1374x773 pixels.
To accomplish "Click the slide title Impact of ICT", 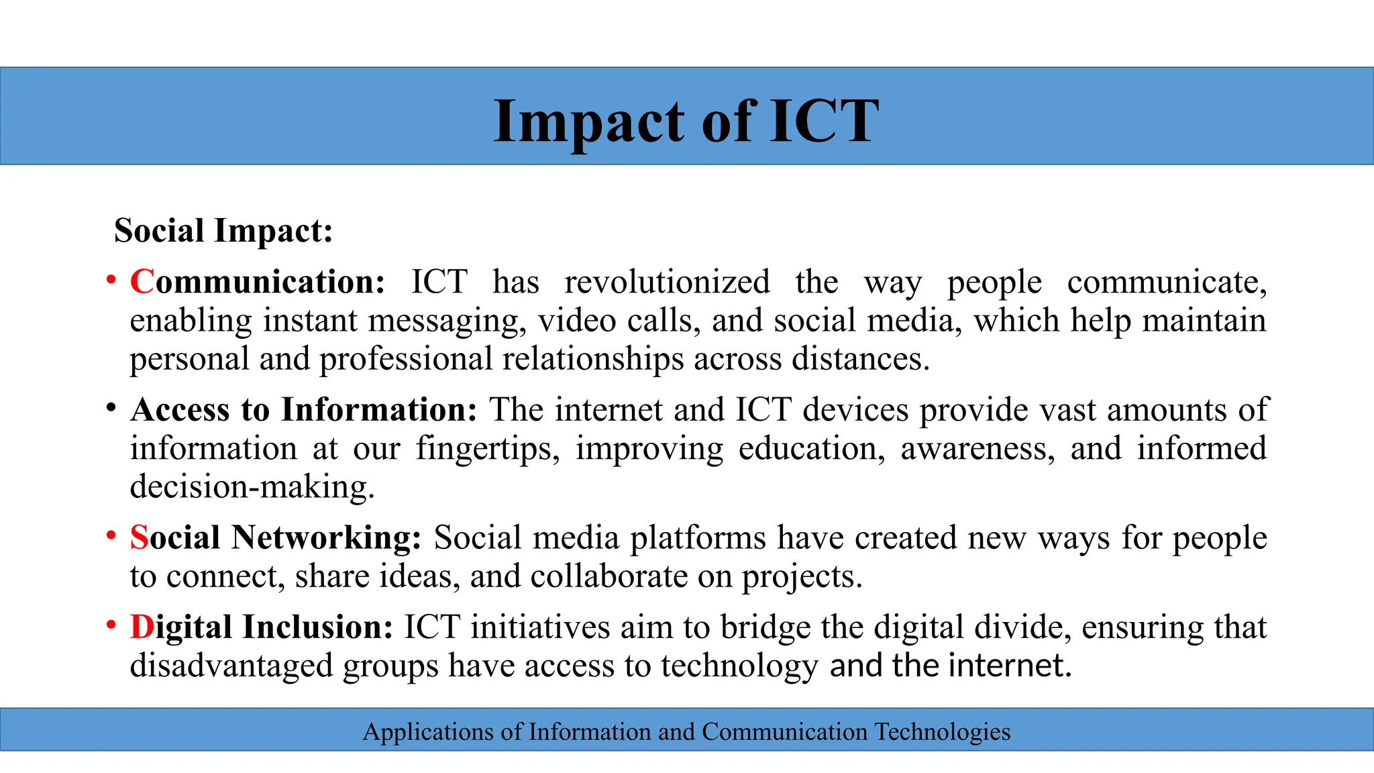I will click(x=686, y=121).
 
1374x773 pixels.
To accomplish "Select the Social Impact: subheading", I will click(x=223, y=231).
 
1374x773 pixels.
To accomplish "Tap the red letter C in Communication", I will click(x=142, y=282).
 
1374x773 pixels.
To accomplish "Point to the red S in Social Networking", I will click(x=139, y=538).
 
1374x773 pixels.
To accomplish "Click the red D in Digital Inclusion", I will click(x=142, y=627).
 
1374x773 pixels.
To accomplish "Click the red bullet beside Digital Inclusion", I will click(x=111, y=625).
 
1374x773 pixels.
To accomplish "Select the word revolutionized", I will click(x=667, y=282).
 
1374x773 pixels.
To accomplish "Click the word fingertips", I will click(x=487, y=449).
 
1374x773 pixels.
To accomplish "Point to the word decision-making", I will click(x=252, y=487).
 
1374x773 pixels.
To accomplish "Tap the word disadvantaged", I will click(x=231, y=666).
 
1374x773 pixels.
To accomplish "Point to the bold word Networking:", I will click(x=326, y=538).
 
